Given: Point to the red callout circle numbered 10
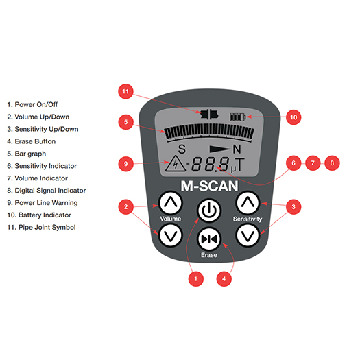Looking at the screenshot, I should click(293, 117).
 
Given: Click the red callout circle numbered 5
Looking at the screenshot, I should click(124, 122).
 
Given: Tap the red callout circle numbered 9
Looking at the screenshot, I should click(124, 163).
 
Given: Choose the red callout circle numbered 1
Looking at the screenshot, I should click(196, 279).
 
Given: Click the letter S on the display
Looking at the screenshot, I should click(182, 149).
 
